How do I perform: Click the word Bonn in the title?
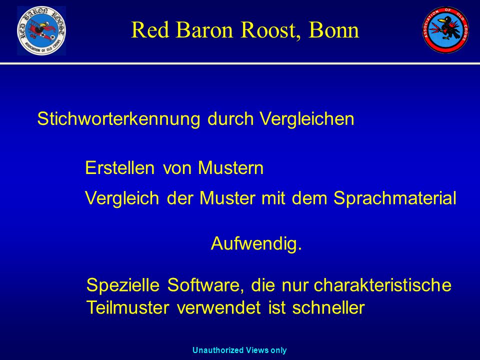[x=333, y=29]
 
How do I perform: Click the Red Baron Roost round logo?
[x=41, y=30]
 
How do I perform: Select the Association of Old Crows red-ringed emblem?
[x=445, y=29]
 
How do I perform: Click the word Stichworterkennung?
[x=119, y=119]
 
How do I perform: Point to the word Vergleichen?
[x=306, y=119]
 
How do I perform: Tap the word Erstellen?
[x=119, y=168]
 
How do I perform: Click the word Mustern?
[x=230, y=168]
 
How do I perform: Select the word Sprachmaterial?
[x=395, y=198]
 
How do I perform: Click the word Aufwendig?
[x=256, y=243]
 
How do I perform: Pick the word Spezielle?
[x=123, y=285]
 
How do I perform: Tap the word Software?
[x=205, y=285]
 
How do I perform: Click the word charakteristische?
[x=382, y=285]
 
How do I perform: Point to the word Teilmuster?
[x=127, y=307]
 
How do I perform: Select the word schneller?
[x=328, y=307]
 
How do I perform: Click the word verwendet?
[x=218, y=307]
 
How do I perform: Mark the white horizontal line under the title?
[x=240, y=63]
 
